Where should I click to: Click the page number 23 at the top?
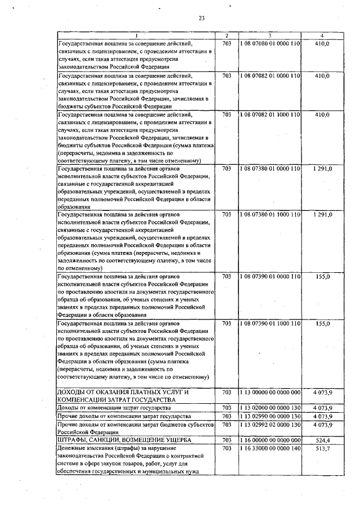[x=201, y=19]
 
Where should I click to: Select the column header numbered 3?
[x=270, y=35]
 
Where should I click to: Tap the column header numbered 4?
[x=322, y=35]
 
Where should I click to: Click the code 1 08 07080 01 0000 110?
[x=270, y=43]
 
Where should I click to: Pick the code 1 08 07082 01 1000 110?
[x=270, y=114]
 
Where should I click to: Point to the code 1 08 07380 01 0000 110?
[x=270, y=168]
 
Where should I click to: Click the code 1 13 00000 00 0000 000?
[x=270, y=391]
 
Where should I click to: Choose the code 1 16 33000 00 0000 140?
[x=270, y=448]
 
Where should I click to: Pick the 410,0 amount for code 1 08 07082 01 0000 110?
[x=322, y=75]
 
